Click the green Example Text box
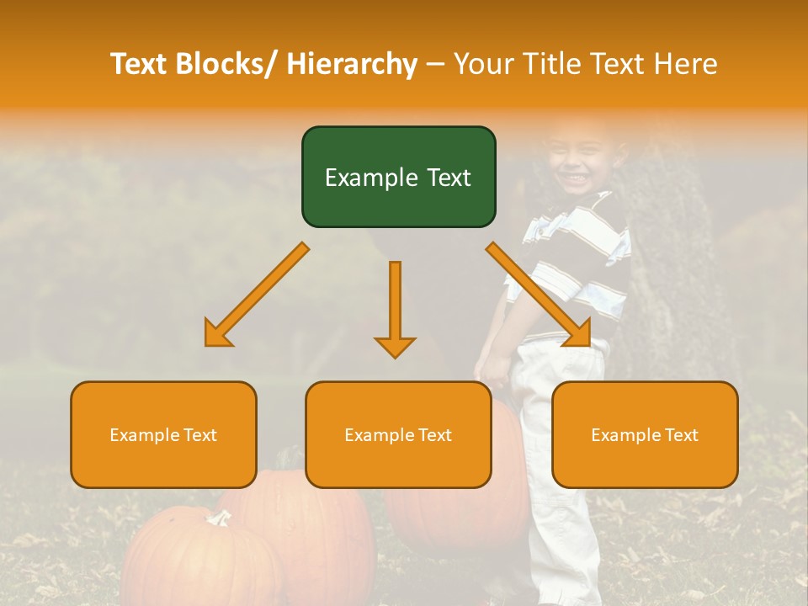click(x=398, y=177)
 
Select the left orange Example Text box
click(x=163, y=434)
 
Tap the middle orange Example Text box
click(x=398, y=434)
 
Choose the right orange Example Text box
click(x=645, y=434)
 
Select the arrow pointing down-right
click(x=540, y=295)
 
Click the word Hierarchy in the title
click(x=351, y=64)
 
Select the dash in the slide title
click(x=435, y=64)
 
